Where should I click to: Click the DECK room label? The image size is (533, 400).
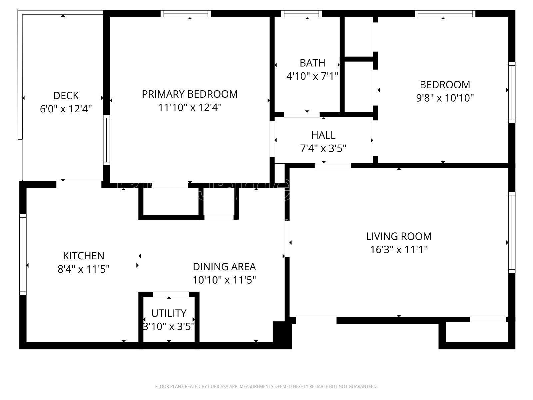[66, 96]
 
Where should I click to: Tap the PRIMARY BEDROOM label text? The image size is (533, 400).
[190, 94]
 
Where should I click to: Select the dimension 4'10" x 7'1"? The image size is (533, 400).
[312, 76]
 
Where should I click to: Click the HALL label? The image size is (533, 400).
[323, 135]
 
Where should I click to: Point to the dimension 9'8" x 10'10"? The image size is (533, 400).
[445, 98]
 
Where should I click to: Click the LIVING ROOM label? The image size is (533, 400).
[399, 236]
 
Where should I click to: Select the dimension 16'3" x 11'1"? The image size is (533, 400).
[399, 249]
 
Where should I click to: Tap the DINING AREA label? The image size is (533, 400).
[224, 267]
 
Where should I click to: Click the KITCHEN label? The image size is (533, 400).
[84, 256]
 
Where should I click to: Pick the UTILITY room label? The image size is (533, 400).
[169, 313]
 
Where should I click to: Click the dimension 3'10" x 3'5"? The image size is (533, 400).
[169, 326]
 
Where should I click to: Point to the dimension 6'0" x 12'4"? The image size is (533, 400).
[66, 109]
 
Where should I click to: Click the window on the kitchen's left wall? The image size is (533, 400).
[23, 254]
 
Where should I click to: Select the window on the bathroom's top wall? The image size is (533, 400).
[301, 14]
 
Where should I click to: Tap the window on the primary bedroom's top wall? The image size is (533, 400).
[186, 14]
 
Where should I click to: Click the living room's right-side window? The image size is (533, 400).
[512, 232]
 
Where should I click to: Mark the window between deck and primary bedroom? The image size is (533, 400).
[106, 140]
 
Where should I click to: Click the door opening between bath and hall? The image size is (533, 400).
[301, 115]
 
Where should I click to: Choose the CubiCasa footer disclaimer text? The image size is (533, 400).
[266, 387]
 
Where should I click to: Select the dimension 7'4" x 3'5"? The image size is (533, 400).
[323, 148]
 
